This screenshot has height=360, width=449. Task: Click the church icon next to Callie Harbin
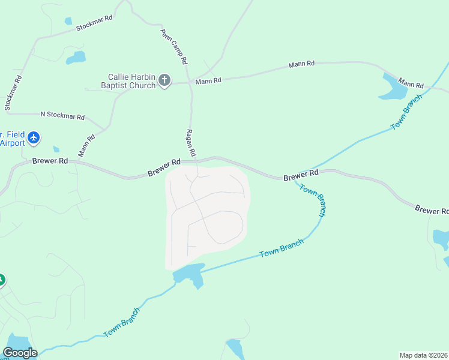(164, 80)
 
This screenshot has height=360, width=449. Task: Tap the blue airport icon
(34, 139)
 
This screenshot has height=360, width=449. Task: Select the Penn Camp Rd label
(174, 47)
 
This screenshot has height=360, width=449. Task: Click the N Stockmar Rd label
(62, 115)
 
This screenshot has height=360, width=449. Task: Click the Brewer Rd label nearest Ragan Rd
(164, 167)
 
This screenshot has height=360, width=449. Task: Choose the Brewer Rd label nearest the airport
(50, 161)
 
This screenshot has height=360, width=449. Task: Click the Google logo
(20, 352)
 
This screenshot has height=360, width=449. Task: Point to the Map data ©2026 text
(423, 355)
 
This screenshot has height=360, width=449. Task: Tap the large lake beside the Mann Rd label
(394, 88)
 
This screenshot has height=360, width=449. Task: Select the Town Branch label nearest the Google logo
(122, 322)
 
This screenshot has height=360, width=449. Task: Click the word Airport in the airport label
(12, 143)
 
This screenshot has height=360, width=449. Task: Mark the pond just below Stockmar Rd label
(76, 58)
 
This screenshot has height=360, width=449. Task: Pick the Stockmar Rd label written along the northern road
(94, 23)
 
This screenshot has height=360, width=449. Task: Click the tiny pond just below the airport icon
(56, 149)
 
